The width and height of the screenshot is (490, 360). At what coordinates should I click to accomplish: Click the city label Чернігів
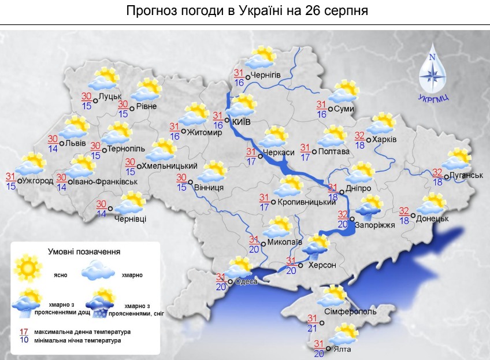click(266, 76)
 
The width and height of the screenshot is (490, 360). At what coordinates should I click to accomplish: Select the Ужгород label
click(38, 181)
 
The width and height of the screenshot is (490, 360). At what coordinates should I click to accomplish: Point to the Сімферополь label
click(350, 312)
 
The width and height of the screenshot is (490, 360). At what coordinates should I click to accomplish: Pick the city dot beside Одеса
click(230, 281)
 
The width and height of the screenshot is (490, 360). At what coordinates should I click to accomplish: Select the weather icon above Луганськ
click(458, 159)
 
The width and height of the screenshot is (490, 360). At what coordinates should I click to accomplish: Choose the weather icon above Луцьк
click(106, 79)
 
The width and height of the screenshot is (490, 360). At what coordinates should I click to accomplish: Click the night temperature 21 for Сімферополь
click(312, 328)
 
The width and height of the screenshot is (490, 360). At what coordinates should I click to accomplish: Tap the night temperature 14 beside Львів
click(52, 148)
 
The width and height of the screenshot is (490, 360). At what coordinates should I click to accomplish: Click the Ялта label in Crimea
click(342, 349)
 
